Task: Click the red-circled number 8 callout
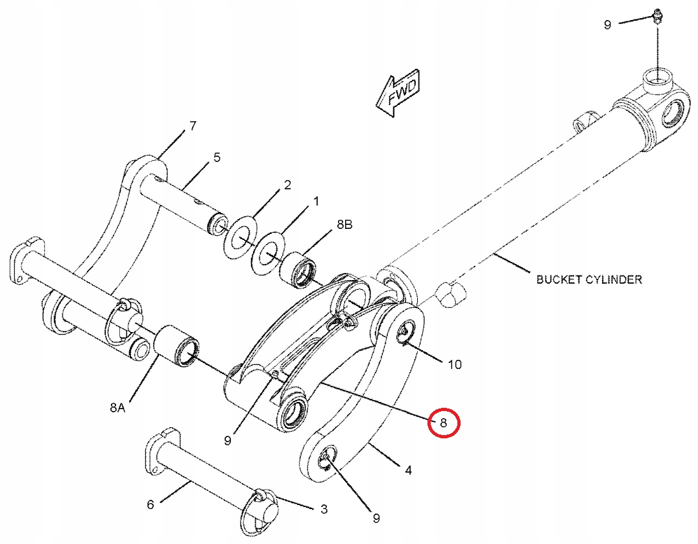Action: tap(443, 423)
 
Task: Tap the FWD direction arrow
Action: tap(398, 93)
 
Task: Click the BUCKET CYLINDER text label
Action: tap(589, 279)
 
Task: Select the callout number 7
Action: tap(192, 126)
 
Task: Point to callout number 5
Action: tap(217, 157)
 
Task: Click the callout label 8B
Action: tap(344, 224)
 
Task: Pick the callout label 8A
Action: tap(117, 407)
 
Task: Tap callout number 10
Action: tap(455, 365)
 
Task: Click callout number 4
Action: tap(408, 469)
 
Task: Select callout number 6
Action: tap(150, 504)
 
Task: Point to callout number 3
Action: tap(324, 509)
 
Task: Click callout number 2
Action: tap(287, 185)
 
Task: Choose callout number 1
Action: tap(316, 202)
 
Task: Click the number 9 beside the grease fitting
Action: tap(608, 25)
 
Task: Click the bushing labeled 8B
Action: tap(298, 270)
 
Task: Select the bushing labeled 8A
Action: tap(176, 346)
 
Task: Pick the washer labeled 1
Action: tap(269, 252)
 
